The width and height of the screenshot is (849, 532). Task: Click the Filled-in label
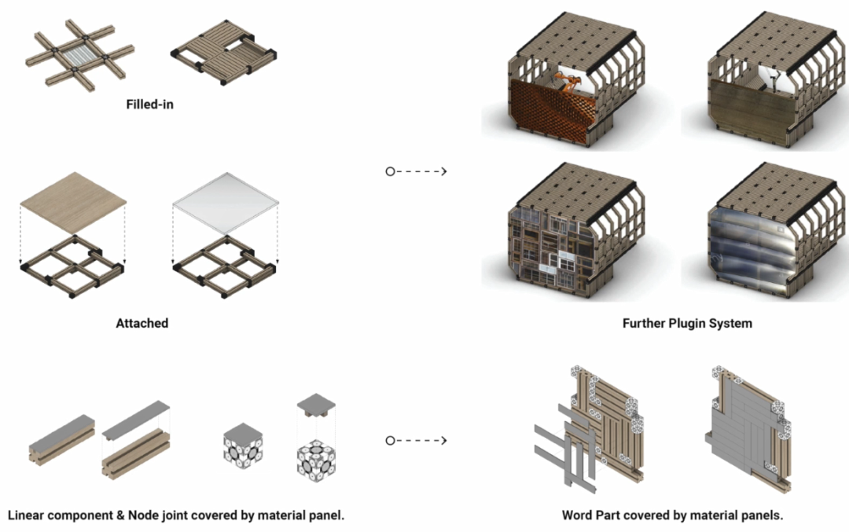tap(149, 103)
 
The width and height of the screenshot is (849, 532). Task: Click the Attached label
tap(141, 323)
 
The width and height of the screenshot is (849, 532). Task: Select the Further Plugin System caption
tap(687, 323)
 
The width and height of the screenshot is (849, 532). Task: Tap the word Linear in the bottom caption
tap(31, 515)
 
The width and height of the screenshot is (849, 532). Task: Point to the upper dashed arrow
tap(417, 171)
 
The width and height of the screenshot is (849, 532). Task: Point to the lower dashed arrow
tap(417, 441)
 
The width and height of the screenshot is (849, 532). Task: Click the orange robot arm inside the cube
tap(571, 80)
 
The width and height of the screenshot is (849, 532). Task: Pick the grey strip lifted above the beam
tap(137, 419)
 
